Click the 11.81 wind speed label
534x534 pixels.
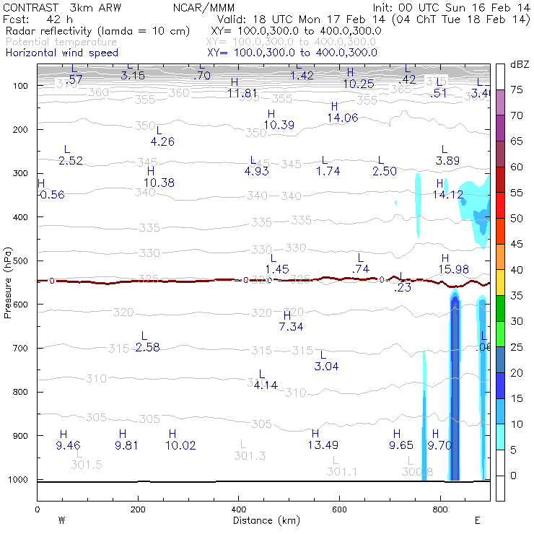click(242, 93)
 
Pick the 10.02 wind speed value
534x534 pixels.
click(180, 445)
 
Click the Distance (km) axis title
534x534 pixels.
click(263, 520)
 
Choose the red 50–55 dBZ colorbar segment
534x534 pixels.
click(499, 206)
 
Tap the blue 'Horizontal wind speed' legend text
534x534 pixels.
click(62, 53)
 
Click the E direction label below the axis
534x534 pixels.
click(478, 520)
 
